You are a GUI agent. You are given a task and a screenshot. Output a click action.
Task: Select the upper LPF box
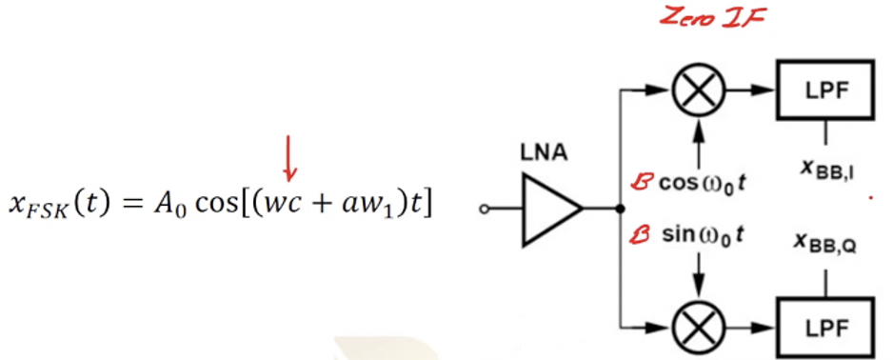click(x=824, y=91)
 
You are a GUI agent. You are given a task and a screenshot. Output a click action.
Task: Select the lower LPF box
click(x=824, y=329)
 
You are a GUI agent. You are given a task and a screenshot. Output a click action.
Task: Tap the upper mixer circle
click(x=700, y=91)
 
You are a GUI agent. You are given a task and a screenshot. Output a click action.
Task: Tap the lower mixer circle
click(x=700, y=329)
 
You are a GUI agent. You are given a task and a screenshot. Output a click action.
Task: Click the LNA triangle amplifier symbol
click(x=551, y=210)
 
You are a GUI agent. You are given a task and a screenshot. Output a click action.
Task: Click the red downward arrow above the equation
click(x=290, y=158)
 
